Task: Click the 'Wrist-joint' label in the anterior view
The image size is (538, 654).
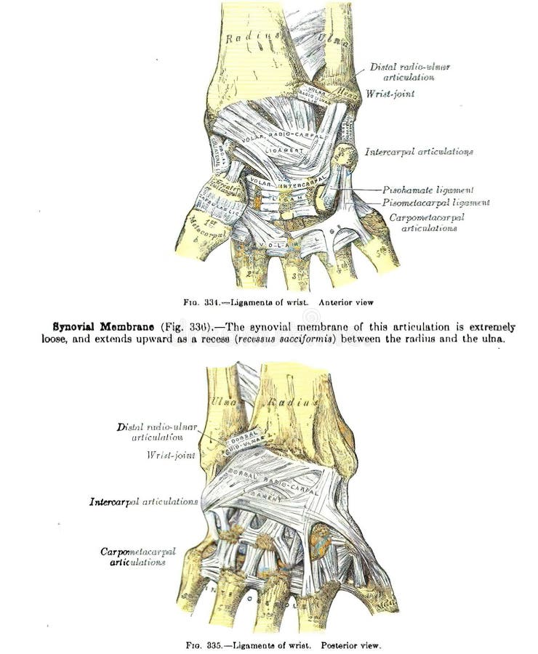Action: coord(390,94)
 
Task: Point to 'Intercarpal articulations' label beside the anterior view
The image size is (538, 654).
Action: coord(419,152)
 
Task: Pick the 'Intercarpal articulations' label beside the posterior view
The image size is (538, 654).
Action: coord(144,501)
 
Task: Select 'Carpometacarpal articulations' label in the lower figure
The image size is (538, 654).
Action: coord(138,557)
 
